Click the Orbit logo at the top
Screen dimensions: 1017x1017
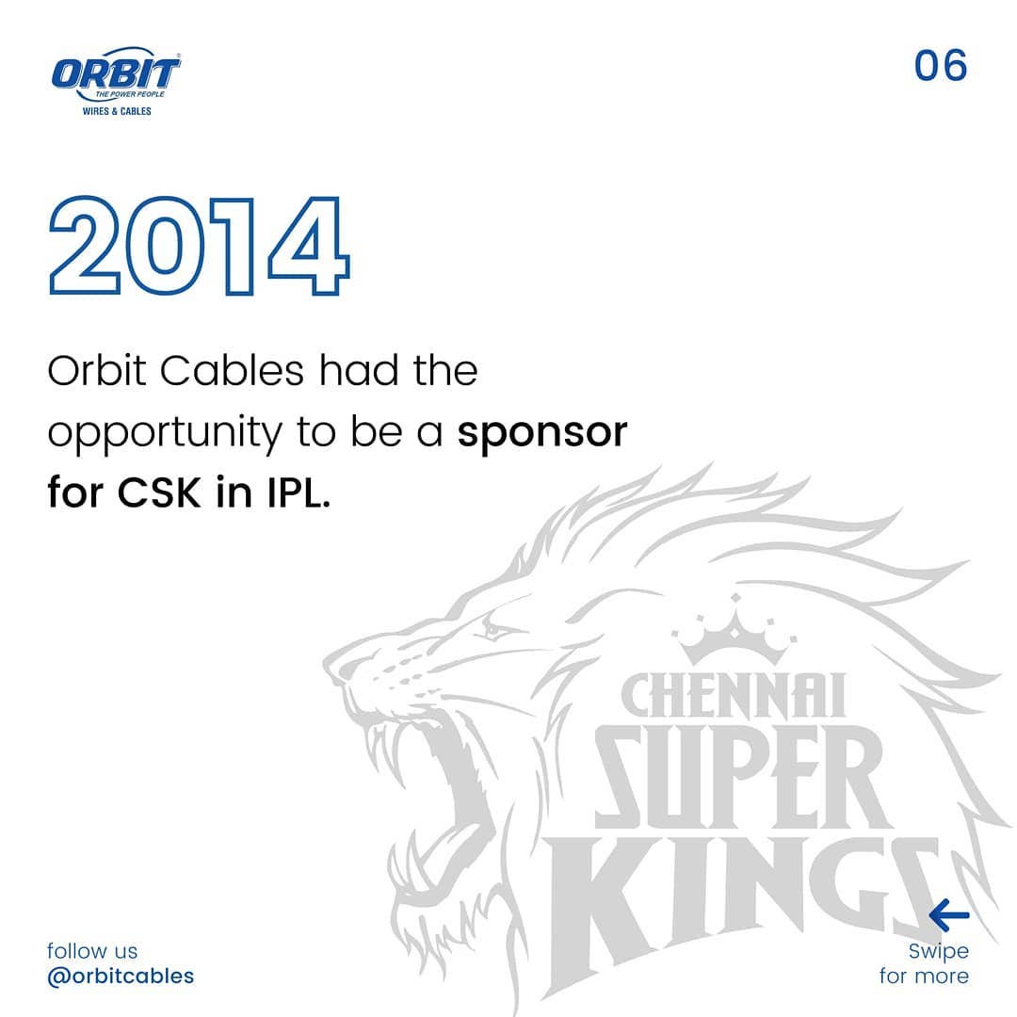(x=116, y=73)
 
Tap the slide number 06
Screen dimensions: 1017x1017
(x=941, y=66)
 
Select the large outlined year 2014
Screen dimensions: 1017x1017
(x=199, y=246)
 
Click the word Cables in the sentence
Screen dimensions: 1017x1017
(x=232, y=371)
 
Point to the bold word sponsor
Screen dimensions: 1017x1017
(x=542, y=433)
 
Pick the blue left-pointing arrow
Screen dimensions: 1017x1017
(x=948, y=914)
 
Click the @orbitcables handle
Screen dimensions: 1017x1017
(x=121, y=976)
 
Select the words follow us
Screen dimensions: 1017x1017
(x=92, y=951)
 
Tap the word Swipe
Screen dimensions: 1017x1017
(x=938, y=951)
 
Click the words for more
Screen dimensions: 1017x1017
(x=924, y=976)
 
